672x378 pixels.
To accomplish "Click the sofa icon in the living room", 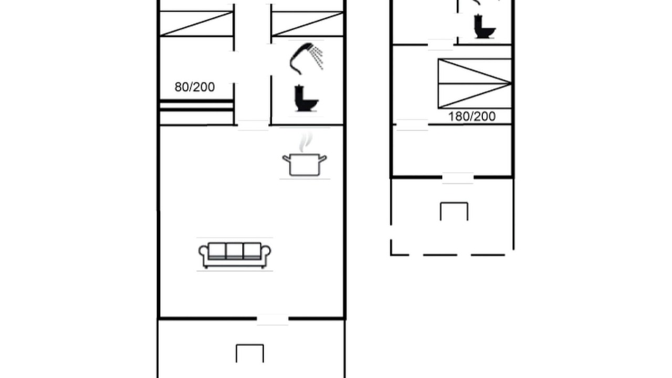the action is (x=235, y=255).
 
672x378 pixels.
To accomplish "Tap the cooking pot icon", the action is (x=304, y=164).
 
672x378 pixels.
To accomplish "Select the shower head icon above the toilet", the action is (x=306, y=59).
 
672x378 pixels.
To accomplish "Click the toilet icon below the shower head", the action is (x=306, y=98).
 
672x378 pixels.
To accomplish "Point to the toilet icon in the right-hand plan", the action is (x=484, y=26).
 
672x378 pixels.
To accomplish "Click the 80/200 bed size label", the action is (x=195, y=87).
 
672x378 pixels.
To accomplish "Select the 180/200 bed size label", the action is (x=471, y=117).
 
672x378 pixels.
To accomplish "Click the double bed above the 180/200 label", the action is (x=475, y=83).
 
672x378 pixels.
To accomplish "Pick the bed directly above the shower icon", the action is (x=308, y=24).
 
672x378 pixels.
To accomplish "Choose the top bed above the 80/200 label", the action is (x=196, y=24).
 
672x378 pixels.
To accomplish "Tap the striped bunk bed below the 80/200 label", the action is (x=196, y=112).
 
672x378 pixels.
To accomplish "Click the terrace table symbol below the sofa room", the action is (x=250, y=353).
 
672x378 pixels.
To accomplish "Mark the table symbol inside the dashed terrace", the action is (x=454, y=211).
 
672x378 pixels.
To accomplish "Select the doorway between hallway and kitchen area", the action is (x=253, y=125).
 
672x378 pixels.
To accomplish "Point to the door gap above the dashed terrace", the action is (x=458, y=178).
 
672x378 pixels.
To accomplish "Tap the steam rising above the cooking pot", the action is (x=306, y=142).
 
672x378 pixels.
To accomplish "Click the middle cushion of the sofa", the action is (x=234, y=250).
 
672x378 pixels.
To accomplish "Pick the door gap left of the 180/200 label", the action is (x=412, y=125).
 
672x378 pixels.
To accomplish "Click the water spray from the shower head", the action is (x=317, y=57).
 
